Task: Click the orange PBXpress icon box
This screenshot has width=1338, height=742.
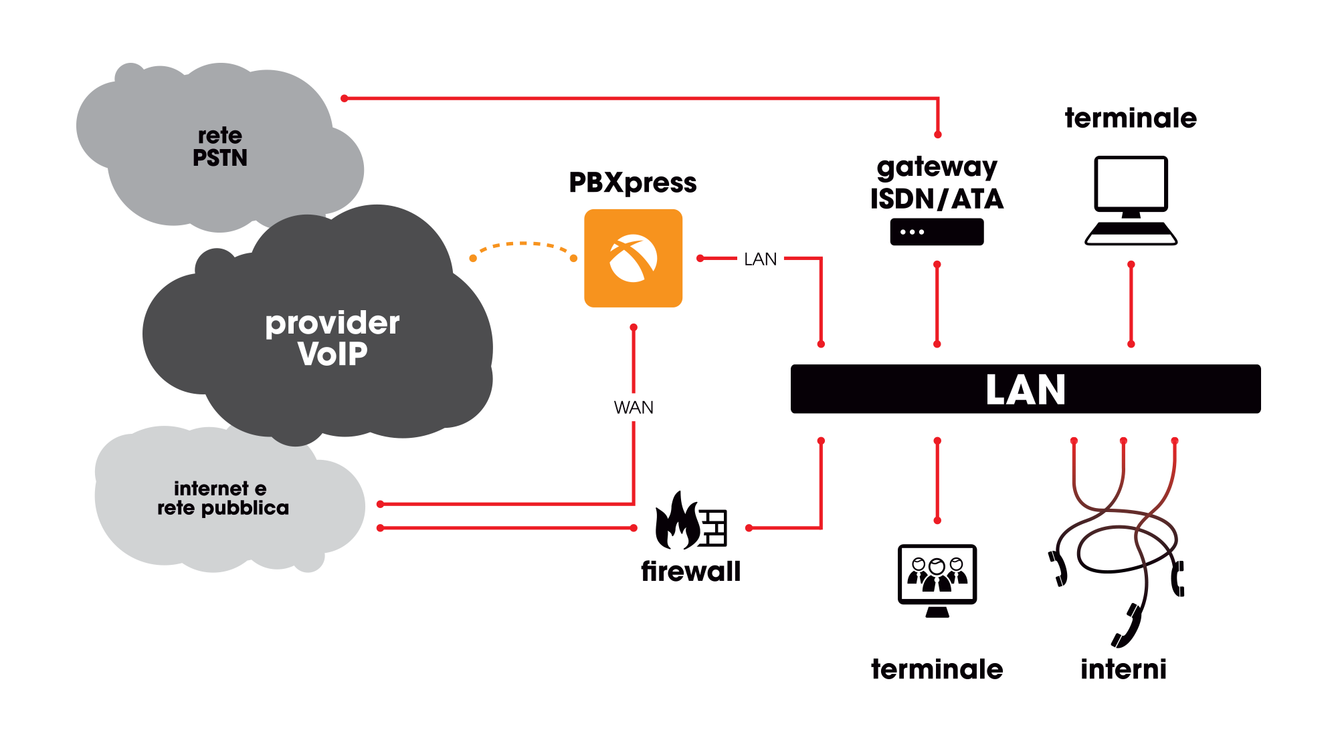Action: [x=633, y=258]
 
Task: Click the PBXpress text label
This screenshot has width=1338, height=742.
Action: [x=632, y=182]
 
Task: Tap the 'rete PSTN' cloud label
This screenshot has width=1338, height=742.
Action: [x=220, y=146]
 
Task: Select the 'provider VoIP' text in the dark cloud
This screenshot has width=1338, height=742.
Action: [x=332, y=338]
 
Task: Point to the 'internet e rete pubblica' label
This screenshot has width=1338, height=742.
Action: [x=223, y=498]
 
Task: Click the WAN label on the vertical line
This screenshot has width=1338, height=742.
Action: [x=633, y=407]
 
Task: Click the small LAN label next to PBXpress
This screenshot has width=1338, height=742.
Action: [x=760, y=259]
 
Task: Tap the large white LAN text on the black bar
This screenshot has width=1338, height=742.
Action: [x=1025, y=390]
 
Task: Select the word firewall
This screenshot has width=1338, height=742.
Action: [x=690, y=572]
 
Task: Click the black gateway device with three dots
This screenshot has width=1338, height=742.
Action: [x=937, y=232]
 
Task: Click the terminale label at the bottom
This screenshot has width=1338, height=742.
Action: [x=937, y=669]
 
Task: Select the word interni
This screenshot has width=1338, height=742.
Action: [x=1123, y=669]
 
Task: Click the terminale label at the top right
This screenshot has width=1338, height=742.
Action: [x=1131, y=118]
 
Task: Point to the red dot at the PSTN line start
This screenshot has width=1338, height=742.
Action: [x=345, y=98]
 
